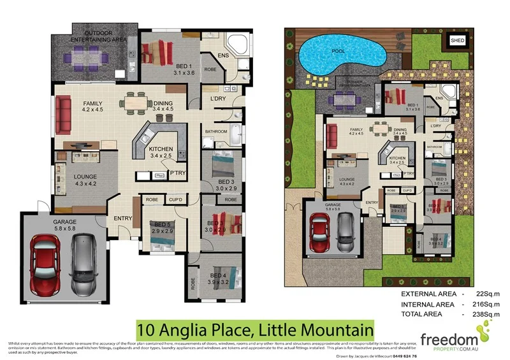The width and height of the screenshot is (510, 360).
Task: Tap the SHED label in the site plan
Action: [x=458, y=40]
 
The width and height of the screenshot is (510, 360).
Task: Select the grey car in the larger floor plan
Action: [x=84, y=264]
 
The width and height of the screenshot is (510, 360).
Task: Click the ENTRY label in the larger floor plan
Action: [x=122, y=219]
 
